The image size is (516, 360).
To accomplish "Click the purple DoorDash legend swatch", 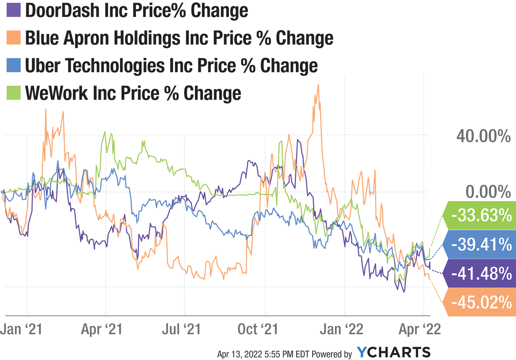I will click(x=14, y=10).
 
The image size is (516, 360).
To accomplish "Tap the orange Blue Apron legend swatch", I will click(x=14, y=38).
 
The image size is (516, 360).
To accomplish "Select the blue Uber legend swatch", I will click(x=14, y=65).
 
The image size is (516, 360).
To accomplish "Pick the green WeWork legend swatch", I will click(x=14, y=93).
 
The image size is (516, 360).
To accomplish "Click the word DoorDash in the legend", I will click(x=63, y=10).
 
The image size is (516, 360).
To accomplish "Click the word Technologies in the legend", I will click(x=115, y=65).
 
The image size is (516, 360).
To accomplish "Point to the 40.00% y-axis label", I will click(x=483, y=136).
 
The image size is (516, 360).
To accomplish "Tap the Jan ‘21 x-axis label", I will click(x=21, y=329).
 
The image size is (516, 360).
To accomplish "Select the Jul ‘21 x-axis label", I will click(x=181, y=329).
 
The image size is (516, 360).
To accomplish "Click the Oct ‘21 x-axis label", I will click(x=258, y=329).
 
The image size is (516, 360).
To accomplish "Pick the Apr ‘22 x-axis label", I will click(x=419, y=329).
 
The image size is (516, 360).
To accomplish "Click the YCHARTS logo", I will click(x=394, y=352).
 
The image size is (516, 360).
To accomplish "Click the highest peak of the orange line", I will click(x=318, y=85).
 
